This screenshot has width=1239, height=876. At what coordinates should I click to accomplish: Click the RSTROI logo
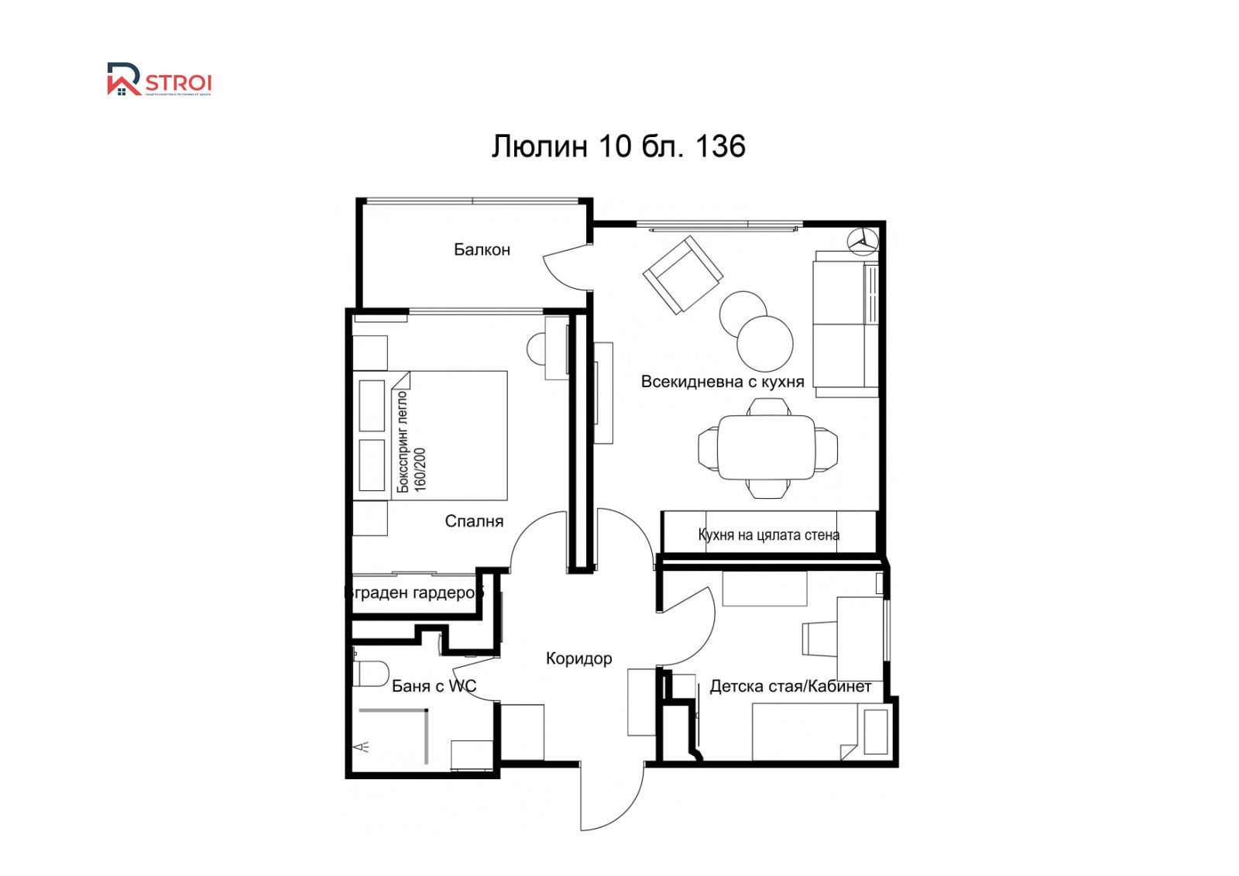coord(159,80)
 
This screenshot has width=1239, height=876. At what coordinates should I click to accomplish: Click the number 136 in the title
coord(720,146)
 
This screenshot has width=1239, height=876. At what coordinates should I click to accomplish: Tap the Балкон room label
coord(482,249)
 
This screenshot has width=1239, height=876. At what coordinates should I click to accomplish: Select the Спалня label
coord(474,521)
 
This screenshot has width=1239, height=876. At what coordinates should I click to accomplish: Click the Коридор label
coord(578,658)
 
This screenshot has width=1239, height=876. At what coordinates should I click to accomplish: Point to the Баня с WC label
coord(434,685)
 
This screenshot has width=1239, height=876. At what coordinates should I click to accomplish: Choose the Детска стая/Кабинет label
coord(790,686)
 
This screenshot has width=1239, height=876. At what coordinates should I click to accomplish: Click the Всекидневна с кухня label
coord(722,381)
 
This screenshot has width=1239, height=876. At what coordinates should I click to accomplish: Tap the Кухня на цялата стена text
coord(768,534)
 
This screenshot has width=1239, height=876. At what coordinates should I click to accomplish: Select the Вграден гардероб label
coord(414,593)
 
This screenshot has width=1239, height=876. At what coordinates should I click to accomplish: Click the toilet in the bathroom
coord(371,673)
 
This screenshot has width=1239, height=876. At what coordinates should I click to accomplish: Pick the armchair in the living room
coord(683,274)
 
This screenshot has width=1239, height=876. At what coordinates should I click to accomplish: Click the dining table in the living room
coord(767,448)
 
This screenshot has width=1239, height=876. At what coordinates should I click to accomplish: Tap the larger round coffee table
coord(765,343)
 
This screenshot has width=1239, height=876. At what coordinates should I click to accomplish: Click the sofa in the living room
coord(846,324)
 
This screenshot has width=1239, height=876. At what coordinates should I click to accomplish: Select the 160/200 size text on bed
coord(420,469)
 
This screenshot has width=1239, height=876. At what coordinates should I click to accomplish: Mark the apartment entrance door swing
coord(612,798)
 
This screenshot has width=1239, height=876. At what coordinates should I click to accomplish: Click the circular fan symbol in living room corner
coord(861,241)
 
